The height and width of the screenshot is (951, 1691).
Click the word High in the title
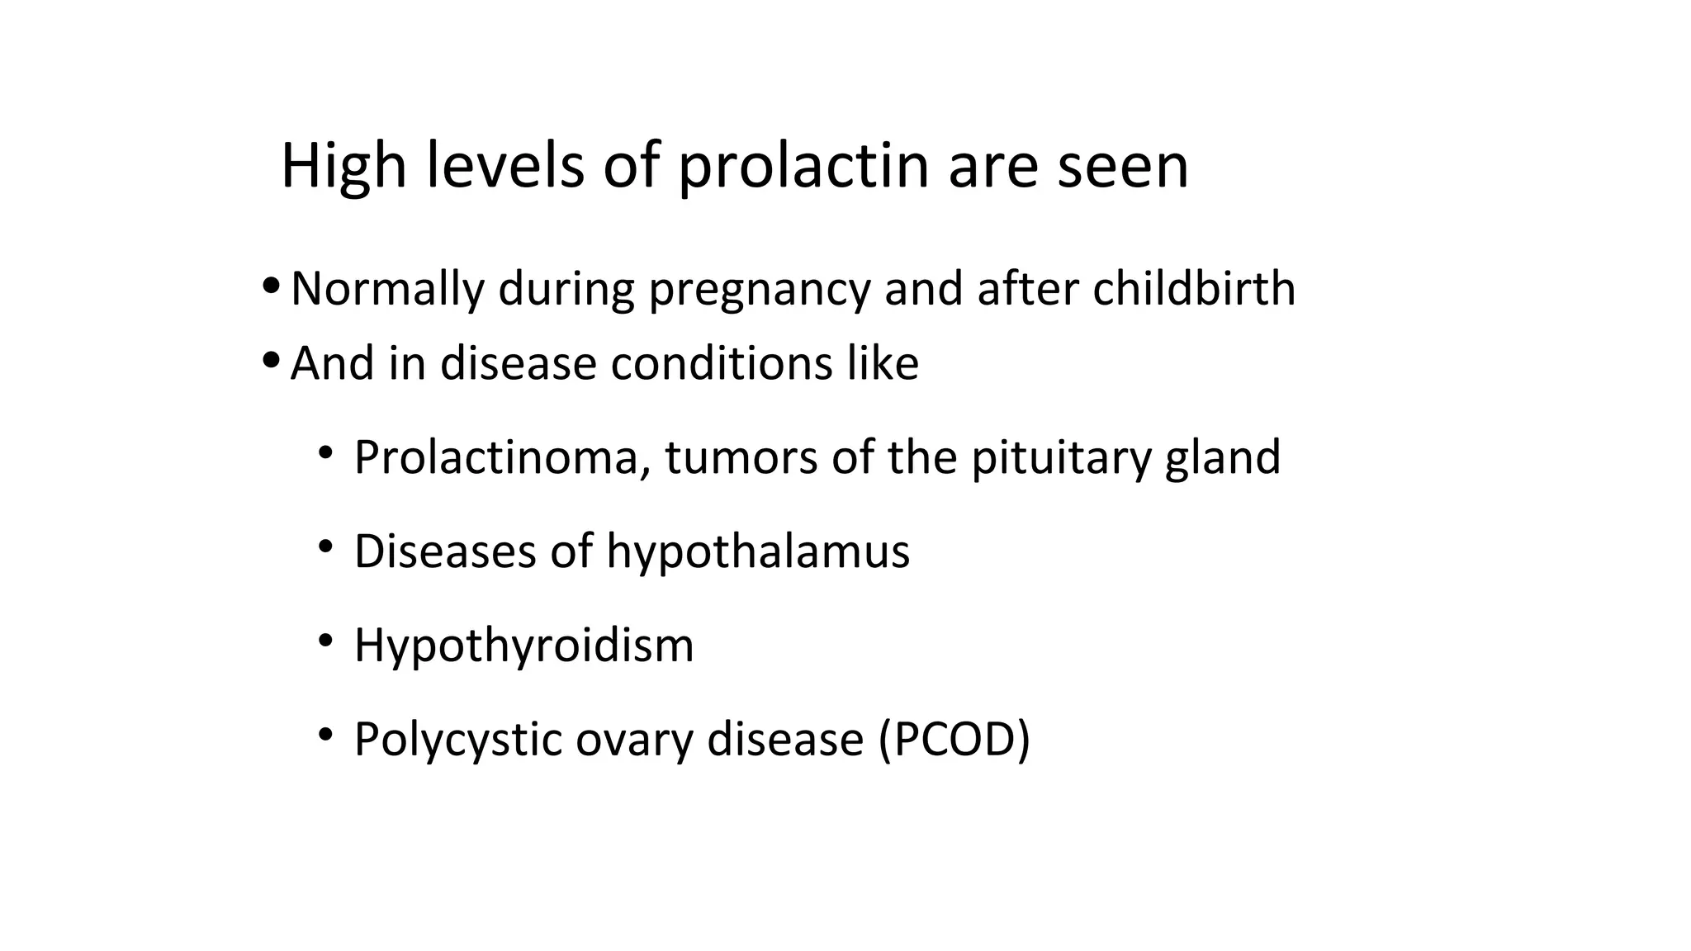[x=343, y=166]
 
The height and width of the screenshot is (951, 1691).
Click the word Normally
[x=387, y=289]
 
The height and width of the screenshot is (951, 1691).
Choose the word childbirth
[x=1194, y=289]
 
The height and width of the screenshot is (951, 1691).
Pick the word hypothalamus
[x=758, y=551]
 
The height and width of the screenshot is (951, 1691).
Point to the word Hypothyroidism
[x=523, y=646]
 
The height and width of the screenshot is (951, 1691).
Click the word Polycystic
[x=457, y=740]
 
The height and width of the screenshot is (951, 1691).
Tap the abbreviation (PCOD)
[x=954, y=740]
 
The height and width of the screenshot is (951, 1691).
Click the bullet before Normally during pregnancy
[x=271, y=286]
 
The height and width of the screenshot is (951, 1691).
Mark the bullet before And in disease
[x=271, y=360]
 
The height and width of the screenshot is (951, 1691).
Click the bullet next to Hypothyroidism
[x=326, y=640]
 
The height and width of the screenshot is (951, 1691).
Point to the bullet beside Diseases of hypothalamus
[x=326, y=546]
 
